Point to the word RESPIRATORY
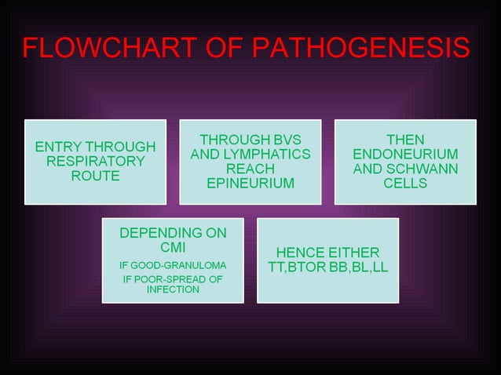[95, 162]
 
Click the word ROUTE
[95, 177]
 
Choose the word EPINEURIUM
[251, 184]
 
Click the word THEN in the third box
[405, 140]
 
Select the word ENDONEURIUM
[405, 155]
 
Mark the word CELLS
[405, 184]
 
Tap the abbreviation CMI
[173, 247]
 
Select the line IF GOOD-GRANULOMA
[173, 264]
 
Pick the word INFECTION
[173, 289]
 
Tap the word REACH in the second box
[251, 169]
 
